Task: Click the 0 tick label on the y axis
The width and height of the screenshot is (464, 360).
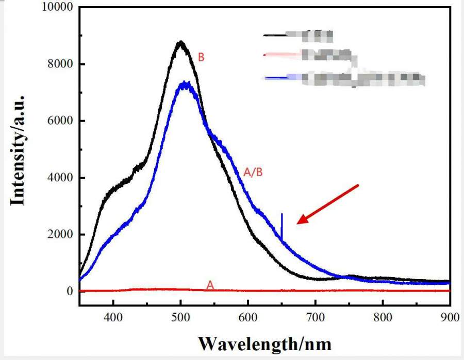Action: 69,291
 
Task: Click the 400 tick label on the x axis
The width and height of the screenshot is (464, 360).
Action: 113,316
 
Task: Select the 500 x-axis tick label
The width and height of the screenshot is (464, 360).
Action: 180,316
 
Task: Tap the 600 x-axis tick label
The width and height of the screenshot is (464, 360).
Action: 248,316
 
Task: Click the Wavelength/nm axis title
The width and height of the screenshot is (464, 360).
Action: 264,342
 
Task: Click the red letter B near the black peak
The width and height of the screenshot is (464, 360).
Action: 202,57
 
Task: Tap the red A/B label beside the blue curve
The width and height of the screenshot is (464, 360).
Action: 253,173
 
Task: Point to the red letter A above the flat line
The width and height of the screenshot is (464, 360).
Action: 210,284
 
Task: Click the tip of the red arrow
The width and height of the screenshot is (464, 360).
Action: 298,224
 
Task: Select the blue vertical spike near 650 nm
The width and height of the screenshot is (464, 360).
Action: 281,227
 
